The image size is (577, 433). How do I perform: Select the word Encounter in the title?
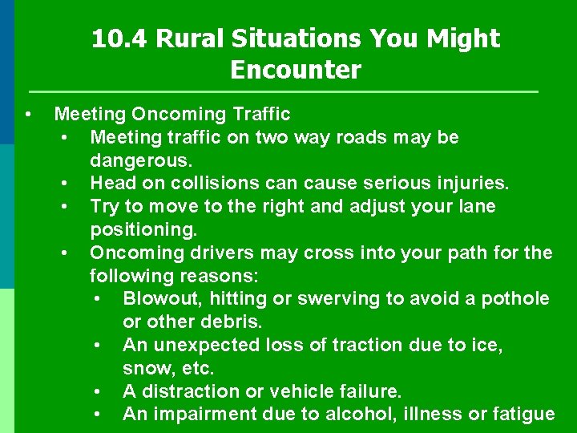[x=296, y=71]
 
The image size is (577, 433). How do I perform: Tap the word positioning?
[x=143, y=230]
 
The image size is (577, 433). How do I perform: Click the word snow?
[x=145, y=369]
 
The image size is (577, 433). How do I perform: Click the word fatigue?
[x=520, y=415]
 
